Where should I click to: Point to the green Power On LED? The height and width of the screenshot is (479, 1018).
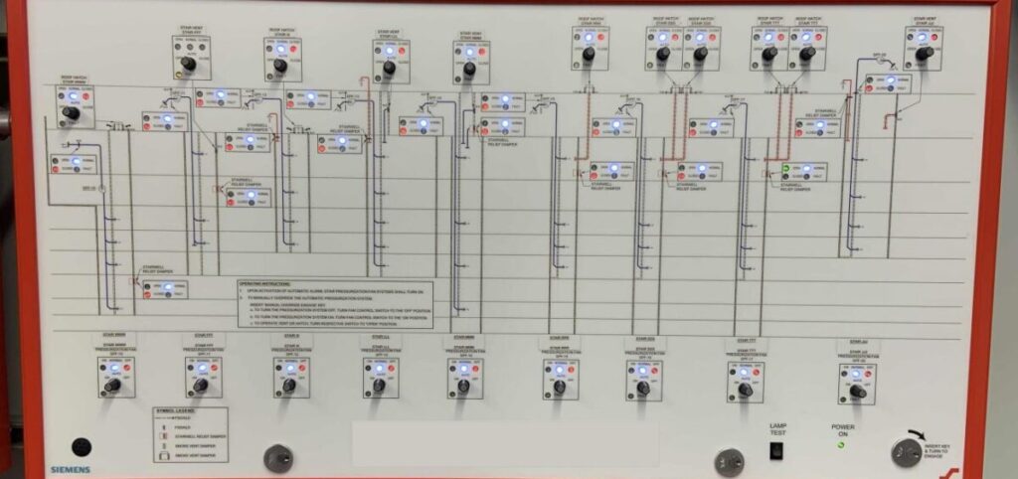coord(841,443)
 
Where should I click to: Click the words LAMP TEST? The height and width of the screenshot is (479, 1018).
coord(777,429)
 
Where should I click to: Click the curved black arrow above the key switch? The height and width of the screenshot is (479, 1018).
coord(909,436)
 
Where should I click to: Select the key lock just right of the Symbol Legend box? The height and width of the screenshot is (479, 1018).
coord(278,458)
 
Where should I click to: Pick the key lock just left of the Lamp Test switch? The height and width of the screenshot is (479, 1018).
coord(729,461)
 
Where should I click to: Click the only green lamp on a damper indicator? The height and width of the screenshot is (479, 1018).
coord(791,169)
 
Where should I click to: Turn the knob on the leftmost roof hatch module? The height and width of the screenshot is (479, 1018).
coord(71,113)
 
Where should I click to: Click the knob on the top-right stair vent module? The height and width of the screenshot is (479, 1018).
coord(925,54)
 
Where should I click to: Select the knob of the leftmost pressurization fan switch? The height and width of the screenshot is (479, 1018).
coord(112,384)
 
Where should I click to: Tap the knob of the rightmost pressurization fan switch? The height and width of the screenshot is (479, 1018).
coord(857,392)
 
